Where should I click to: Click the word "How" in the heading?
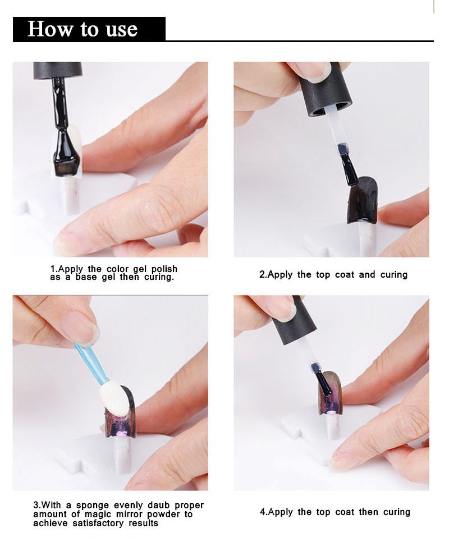click(x=50, y=29)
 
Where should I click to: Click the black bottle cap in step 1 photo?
click(x=58, y=70)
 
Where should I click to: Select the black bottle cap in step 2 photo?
click(x=324, y=89)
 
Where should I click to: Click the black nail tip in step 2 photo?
click(x=363, y=200)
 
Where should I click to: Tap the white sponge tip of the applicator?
click(x=114, y=400)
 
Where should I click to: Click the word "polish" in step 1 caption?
click(x=164, y=269)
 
